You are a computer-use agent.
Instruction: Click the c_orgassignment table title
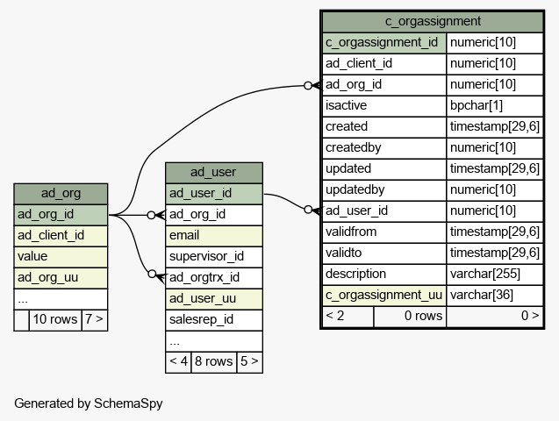pos(433,21)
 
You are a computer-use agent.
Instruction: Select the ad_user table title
pos(213,172)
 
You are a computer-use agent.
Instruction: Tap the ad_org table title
pos(61,193)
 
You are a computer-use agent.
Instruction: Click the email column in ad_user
pos(184,235)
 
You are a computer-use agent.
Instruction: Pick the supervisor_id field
pos(206,256)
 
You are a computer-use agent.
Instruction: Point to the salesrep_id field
pos(201,319)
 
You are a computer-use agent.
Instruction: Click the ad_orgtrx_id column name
pos(204,277)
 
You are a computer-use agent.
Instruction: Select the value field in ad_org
pos(32,256)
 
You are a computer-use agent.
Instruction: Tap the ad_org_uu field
pos(47,277)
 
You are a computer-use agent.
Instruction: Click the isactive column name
pos(346,105)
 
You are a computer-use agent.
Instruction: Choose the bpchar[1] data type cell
pos(477,105)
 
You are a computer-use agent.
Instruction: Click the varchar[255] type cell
pos(484,274)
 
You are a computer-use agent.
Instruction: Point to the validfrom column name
pos(351,232)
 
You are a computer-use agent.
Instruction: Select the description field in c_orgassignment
pos(355,274)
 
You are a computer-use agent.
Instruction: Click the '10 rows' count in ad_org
pos(55,319)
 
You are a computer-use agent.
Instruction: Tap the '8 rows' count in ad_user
pos(213,361)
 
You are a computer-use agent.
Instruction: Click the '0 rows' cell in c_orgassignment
pos(423,316)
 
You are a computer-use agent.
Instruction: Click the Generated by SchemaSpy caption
pos(89,403)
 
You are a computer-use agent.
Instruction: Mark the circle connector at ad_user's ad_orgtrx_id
pos(152,274)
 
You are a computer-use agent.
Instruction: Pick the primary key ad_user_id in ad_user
pos(200,193)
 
